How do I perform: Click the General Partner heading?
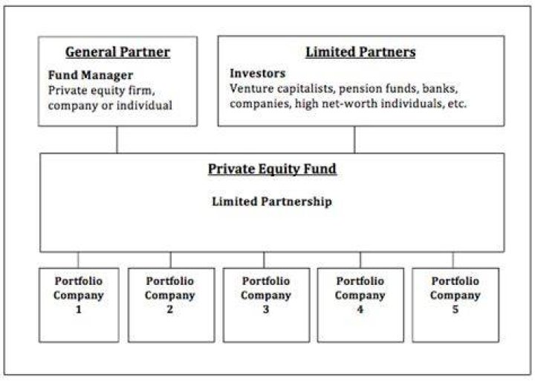point(117,52)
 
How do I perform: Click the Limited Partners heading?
point(360,52)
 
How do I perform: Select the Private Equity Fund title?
point(272,169)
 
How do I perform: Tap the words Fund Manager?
point(91,75)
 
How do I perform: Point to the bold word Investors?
point(258,74)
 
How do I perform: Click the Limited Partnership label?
point(272,202)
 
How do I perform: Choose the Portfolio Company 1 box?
point(79,305)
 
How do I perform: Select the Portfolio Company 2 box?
point(172,305)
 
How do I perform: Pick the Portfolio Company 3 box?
point(266,305)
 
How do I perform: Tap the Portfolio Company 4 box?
point(360,305)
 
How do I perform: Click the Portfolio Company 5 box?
point(455,305)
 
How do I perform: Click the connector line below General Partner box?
point(117,140)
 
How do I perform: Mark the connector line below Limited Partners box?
point(354,140)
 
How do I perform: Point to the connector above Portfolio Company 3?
point(264,260)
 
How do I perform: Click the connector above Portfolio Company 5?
point(453,260)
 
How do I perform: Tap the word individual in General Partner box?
point(144,105)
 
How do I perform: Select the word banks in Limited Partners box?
point(440,89)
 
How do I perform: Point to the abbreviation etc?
point(456,103)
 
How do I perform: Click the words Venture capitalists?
point(282,89)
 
